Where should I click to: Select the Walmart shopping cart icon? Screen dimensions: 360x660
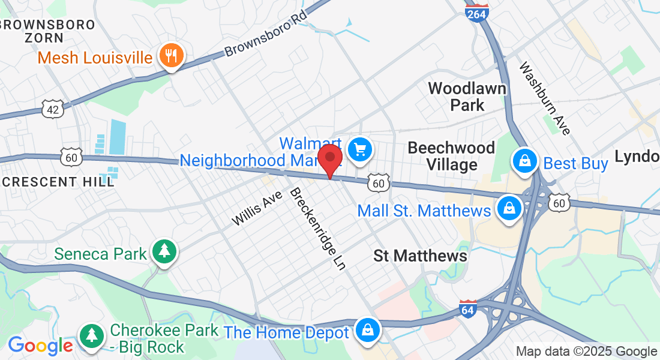point(359,149)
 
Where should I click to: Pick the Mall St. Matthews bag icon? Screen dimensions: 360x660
point(509,209)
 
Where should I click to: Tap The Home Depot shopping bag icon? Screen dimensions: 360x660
point(365,330)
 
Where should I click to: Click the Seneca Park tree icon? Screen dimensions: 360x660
point(163,253)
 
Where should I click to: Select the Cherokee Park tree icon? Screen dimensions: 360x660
point(91,334)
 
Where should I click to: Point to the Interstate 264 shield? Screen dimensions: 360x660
point(477,13)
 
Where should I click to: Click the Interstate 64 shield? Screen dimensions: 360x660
point(469,308)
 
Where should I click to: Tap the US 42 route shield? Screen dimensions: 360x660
point(52,108)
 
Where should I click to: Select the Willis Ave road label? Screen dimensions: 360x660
point(257,208)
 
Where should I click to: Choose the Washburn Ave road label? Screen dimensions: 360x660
point(545,98)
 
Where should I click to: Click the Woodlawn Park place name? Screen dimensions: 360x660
point(467,97)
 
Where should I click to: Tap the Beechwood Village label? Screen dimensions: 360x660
point(451,156)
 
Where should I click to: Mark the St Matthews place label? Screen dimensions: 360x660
point(420,256)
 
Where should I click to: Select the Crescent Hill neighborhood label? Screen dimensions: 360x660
point(57,181)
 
